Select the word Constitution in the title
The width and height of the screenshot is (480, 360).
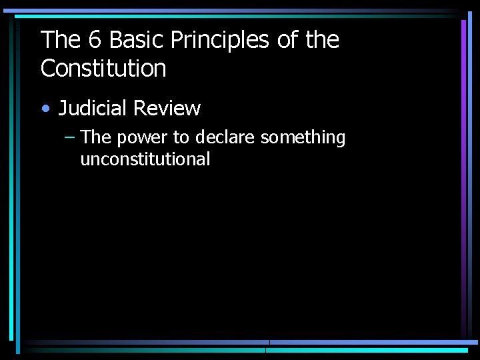pos(103,68)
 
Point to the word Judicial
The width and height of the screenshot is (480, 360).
pos(93,108)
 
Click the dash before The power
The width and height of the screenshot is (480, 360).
pos(70,137)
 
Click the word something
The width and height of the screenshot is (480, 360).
pos(303,138)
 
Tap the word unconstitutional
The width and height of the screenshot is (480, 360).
pos(145,159)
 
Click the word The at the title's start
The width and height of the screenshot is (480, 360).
pos(60,41)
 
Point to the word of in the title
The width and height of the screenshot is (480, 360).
pos(287,41)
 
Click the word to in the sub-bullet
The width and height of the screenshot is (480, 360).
pos(181,138)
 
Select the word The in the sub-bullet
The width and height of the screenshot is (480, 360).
pos(95,138)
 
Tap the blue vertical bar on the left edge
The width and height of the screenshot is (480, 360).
pos(11,180)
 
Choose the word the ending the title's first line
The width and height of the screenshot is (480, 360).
pos(323,41)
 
